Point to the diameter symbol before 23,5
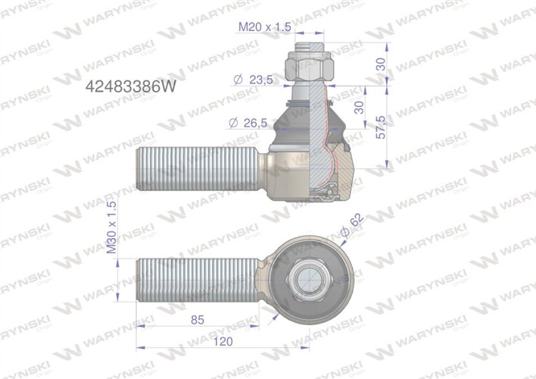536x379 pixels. (238, 78)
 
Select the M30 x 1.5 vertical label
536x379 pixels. (112, 227)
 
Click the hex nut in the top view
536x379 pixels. (310, 277)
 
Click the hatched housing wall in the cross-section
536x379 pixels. (344, 167)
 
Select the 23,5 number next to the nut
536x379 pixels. (261, 78)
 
